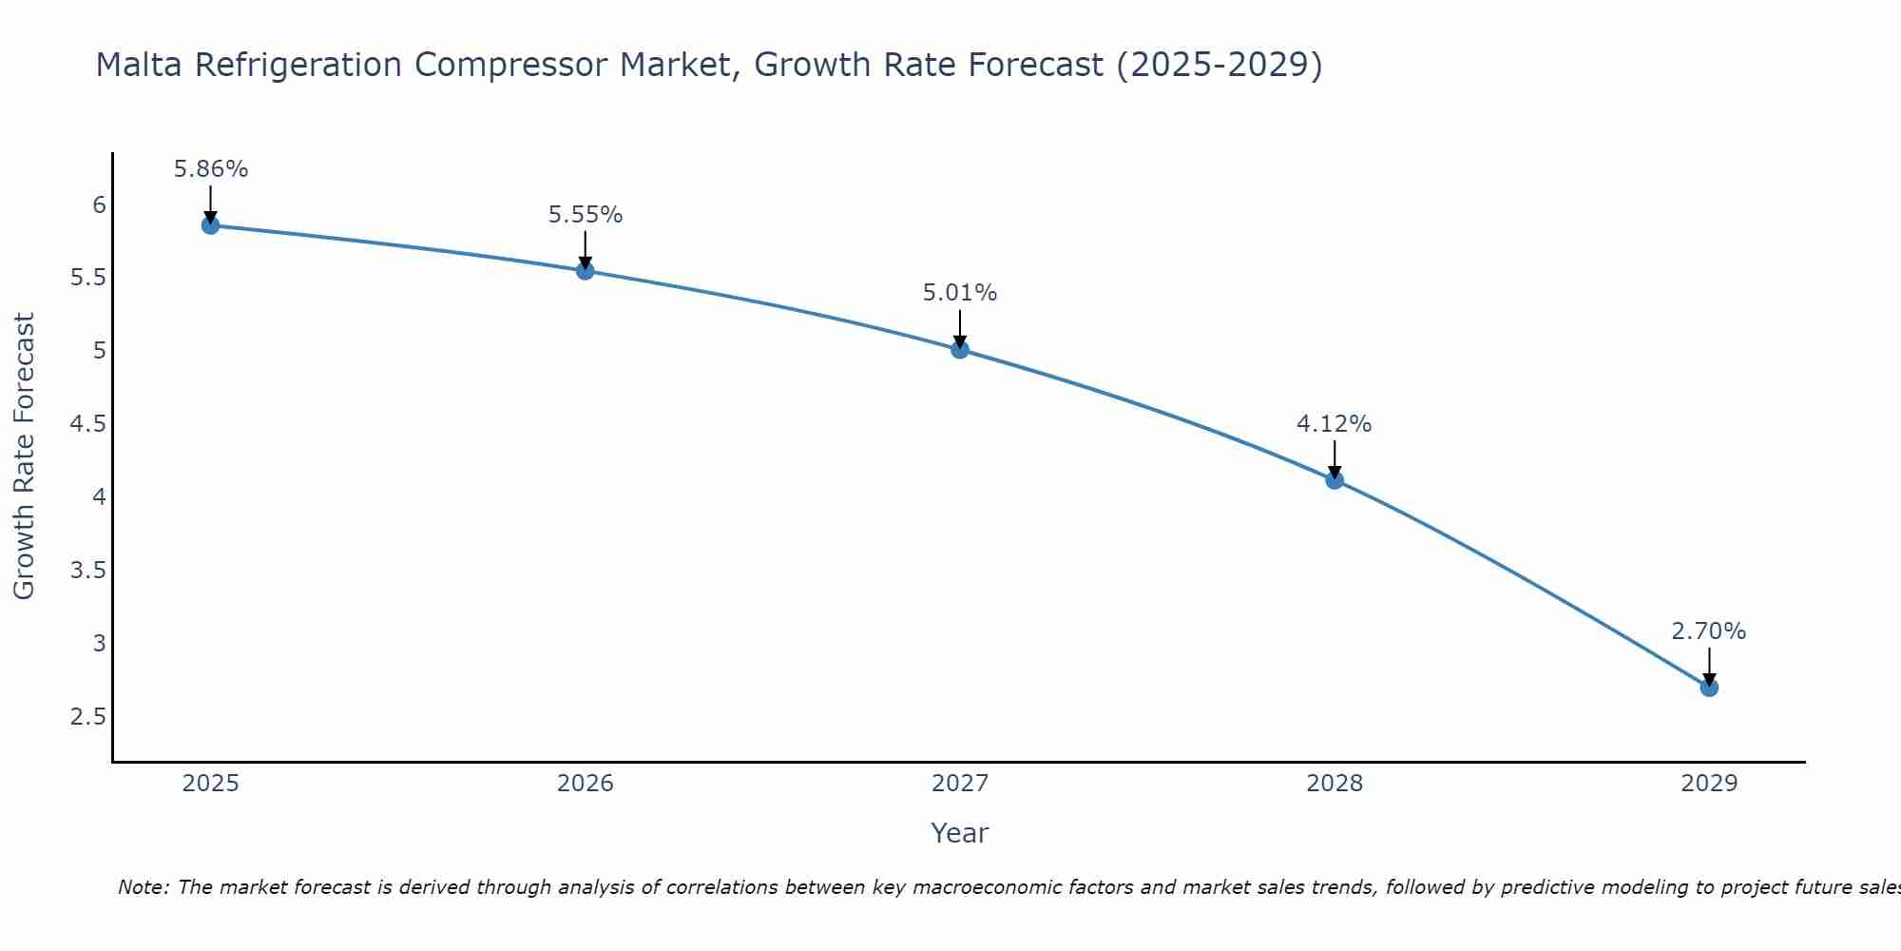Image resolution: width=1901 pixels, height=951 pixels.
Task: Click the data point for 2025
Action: (210, 225)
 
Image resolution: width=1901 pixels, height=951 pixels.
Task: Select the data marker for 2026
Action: (586, 271)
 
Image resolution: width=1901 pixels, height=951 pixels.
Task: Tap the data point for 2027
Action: (960, 349)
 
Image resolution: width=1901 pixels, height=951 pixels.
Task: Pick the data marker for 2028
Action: (1335, 480)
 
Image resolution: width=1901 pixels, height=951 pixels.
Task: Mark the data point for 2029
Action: (1709, 688)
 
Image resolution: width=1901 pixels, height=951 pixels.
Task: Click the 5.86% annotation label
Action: (211, 169)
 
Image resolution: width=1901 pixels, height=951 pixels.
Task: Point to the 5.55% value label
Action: (586, 215)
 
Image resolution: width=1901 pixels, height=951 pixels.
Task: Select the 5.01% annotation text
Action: (960, 293)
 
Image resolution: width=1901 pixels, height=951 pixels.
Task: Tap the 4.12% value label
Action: (1335, 424)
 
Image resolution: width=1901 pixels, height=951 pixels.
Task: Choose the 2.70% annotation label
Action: (1709, 631)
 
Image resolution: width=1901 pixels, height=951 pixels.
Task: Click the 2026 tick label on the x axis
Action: (586, 784)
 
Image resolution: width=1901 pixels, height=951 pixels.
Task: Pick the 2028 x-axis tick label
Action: (1335, 784)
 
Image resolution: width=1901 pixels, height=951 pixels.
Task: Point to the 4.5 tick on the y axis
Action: (87, 424)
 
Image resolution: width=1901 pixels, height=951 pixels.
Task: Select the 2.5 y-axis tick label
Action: (87, 716)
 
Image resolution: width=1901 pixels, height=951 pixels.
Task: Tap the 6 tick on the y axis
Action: (99, 205)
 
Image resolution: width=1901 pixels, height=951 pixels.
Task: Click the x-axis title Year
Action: (960, 833)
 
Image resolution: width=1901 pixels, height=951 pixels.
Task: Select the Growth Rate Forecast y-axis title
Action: (25, 456)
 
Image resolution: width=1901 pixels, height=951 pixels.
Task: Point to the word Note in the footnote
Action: (143, 887)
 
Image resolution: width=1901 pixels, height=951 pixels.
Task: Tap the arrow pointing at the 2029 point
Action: (1709, 666)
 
